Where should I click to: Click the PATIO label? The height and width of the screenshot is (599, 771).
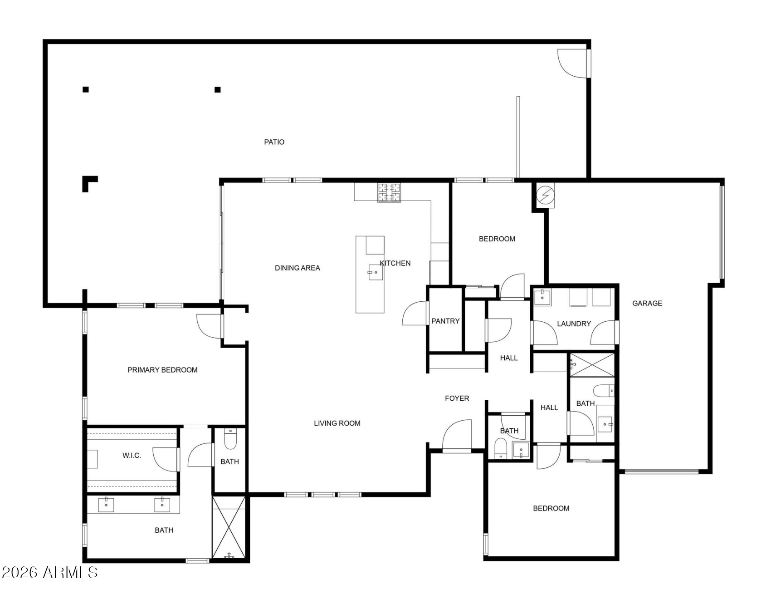(274, 142)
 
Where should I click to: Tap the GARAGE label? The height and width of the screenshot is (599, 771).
(647, 303)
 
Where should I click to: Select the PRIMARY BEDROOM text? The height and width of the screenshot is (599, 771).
(162, 370)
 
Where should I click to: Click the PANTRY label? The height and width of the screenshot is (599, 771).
(445, 321)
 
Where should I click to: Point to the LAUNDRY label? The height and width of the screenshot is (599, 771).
(574, 324)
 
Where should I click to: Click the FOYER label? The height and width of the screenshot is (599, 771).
(457, 398)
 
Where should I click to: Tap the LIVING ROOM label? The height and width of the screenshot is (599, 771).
(337, 423)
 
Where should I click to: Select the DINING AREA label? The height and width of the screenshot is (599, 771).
(298, 268)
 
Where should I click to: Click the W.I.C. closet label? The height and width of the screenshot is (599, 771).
(132, 455)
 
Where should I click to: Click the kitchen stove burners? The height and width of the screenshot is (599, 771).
(389, 192)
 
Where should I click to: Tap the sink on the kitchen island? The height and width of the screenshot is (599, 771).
(376, 272)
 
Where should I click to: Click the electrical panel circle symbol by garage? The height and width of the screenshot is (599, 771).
(545, 195)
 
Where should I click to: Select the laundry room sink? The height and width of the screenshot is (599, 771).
(542, 298)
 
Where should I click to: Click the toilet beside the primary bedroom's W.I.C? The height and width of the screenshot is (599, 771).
(230, 438)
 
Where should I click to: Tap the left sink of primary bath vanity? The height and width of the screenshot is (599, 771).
(106, 505)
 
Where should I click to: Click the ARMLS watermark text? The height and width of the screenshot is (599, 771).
(49, 573)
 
